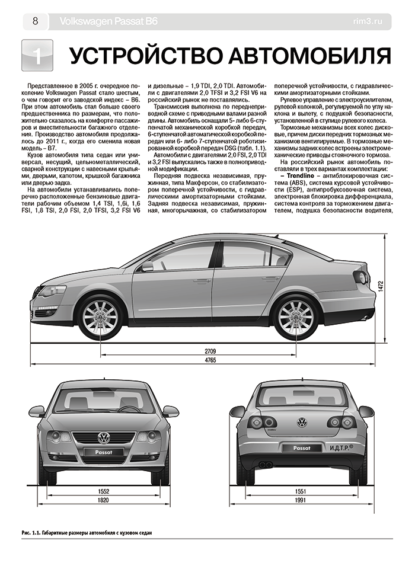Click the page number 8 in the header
(x=35, y=22)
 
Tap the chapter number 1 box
(x=37, y=56)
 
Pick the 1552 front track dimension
(x=103, y=491)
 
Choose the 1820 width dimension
(x=103, y=501)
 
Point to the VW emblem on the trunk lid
(x=302, y=423)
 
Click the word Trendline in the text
(x=305, y=177)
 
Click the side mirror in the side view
(x=146, y=266)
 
